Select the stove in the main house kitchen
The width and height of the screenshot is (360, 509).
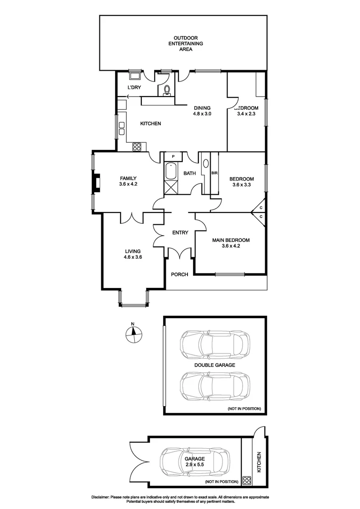[137, 147]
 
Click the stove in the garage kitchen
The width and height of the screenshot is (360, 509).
[247, 481]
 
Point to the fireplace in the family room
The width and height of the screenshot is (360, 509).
[96, 183]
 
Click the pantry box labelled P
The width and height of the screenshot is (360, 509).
[173, 156]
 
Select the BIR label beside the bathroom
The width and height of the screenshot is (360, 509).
[214, 173]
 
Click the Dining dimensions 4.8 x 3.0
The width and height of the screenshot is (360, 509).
[202, 114]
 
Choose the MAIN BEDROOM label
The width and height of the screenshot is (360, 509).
[230, 240]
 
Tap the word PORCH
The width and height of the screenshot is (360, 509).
[179, 275]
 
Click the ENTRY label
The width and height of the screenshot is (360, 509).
[180, 232]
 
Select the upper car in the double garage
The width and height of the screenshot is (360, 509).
[215, 344]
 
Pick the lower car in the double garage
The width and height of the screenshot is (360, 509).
[215, 386]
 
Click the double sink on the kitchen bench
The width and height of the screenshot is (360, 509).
[121, 128]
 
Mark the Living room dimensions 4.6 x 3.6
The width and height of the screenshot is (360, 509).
[133, 257]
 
